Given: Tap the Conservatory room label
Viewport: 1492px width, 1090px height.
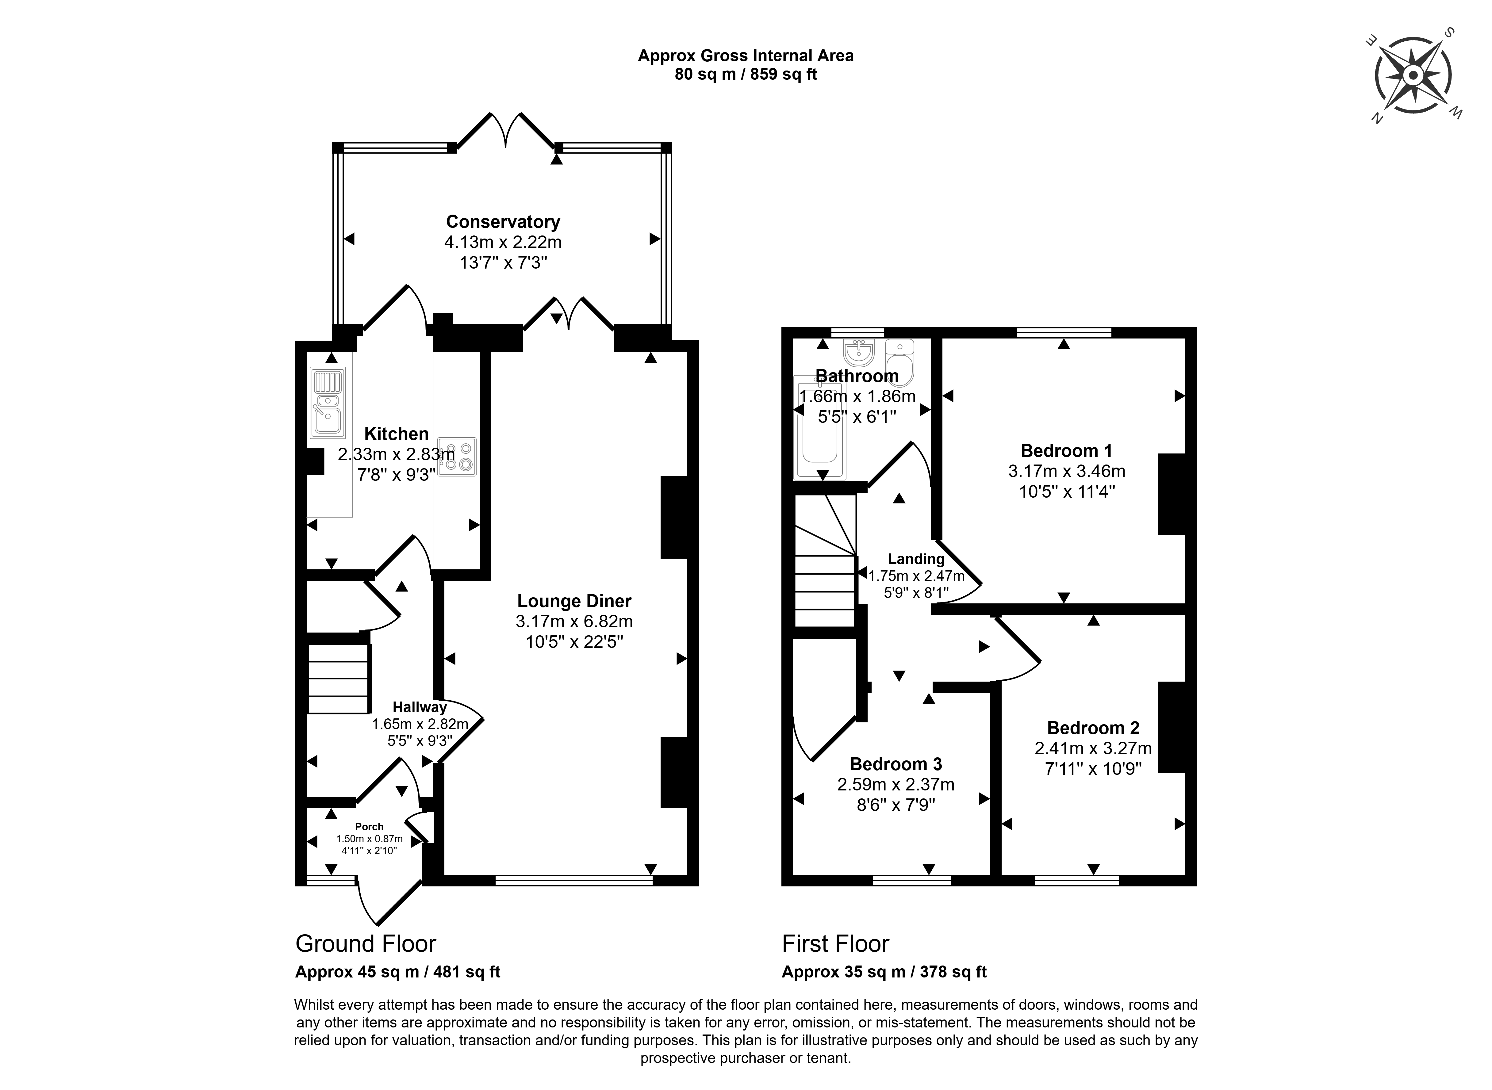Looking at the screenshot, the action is (x=503, y=222).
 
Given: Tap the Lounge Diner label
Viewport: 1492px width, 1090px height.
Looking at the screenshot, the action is (x=574, y=601).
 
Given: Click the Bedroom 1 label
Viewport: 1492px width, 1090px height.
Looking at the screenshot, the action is (x=1066, y=451).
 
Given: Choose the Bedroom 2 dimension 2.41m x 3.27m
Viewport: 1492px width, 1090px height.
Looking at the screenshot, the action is (x=1093, y=748).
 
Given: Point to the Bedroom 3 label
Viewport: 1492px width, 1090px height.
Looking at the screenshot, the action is (x=896, y=764).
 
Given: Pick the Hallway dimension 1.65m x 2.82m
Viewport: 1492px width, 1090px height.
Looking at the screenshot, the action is (x=420, y=724).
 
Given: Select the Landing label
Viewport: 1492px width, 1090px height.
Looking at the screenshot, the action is (x=916, y=559).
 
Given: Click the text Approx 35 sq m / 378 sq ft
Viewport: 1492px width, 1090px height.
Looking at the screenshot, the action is (x=884, y=972).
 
